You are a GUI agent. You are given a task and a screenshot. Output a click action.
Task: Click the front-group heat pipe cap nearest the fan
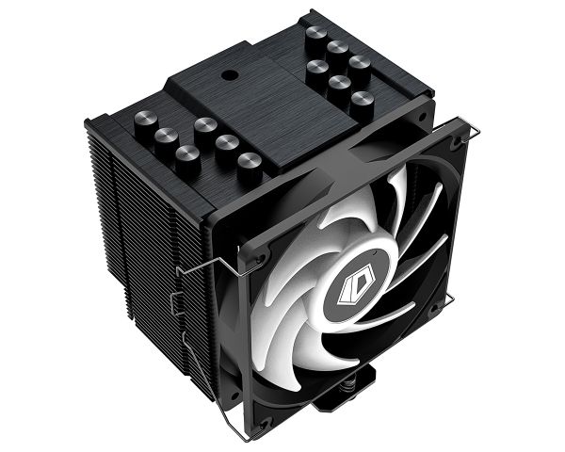pyautogui.click(x=249, y=163)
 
